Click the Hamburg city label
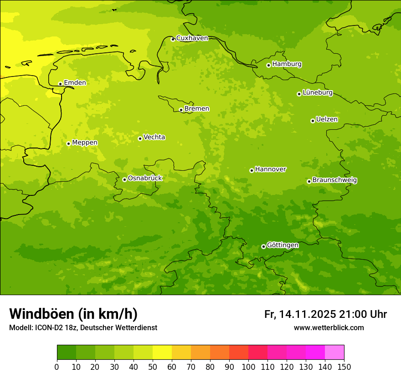pos(287,64)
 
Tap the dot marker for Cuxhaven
pos(173,39)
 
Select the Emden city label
pos(75,83)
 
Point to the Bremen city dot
pos(181,110)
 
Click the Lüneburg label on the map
pos(317,93)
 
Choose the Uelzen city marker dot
pos(313,121)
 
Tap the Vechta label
pos(154,137)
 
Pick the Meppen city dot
pos(68,143)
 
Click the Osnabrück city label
pos(145,179)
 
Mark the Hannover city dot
pos(252,170)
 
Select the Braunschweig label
pos(334,180)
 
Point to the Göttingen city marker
pos(263,246)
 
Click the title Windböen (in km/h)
pos(73,314)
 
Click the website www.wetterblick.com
pos(329,327)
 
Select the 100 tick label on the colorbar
pos(248,367)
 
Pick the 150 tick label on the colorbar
pos(344,367)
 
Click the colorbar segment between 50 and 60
pos(162,352)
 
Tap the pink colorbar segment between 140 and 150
pos(334,352)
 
